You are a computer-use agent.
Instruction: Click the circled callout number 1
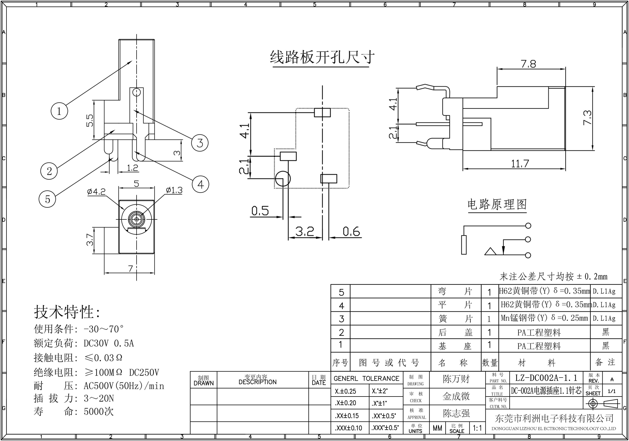pos(59,111)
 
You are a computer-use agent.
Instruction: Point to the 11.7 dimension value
pos(520,164)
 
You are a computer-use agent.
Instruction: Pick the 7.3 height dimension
pos(587,118)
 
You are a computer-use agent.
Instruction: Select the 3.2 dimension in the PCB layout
pos(305,232)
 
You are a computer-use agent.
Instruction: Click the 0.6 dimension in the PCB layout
pos(351,232)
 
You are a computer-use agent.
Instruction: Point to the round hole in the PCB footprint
pos(283,178)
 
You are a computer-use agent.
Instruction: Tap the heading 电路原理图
pos(497,205)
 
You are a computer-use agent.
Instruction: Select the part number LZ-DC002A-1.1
pos(546,378)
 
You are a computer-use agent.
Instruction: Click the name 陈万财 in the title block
pos(456,379)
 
